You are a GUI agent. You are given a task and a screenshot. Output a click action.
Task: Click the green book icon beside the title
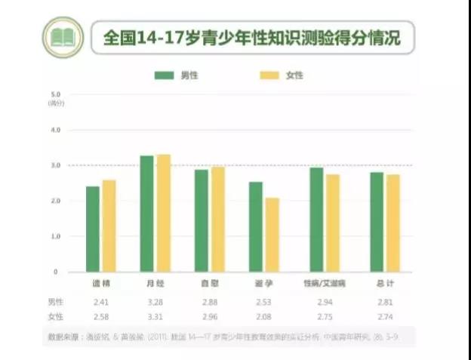(63, 37)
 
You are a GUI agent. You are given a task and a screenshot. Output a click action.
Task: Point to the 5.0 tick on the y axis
(54, 94)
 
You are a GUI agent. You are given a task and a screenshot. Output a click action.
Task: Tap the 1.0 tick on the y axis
(54, 236)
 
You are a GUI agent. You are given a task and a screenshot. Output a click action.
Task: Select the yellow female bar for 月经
(164, 213)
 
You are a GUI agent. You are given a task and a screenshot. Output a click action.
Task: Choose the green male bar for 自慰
(202, 220)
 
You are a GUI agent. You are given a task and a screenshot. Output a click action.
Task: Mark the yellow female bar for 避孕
(272, 235)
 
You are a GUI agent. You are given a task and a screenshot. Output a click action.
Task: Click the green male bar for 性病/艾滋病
(316, 219)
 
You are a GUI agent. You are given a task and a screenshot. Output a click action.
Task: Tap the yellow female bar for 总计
(393, 223)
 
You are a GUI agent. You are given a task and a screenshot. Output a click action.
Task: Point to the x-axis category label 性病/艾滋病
(323, 283)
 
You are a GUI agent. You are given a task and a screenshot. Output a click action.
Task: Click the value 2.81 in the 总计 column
(386, 301)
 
